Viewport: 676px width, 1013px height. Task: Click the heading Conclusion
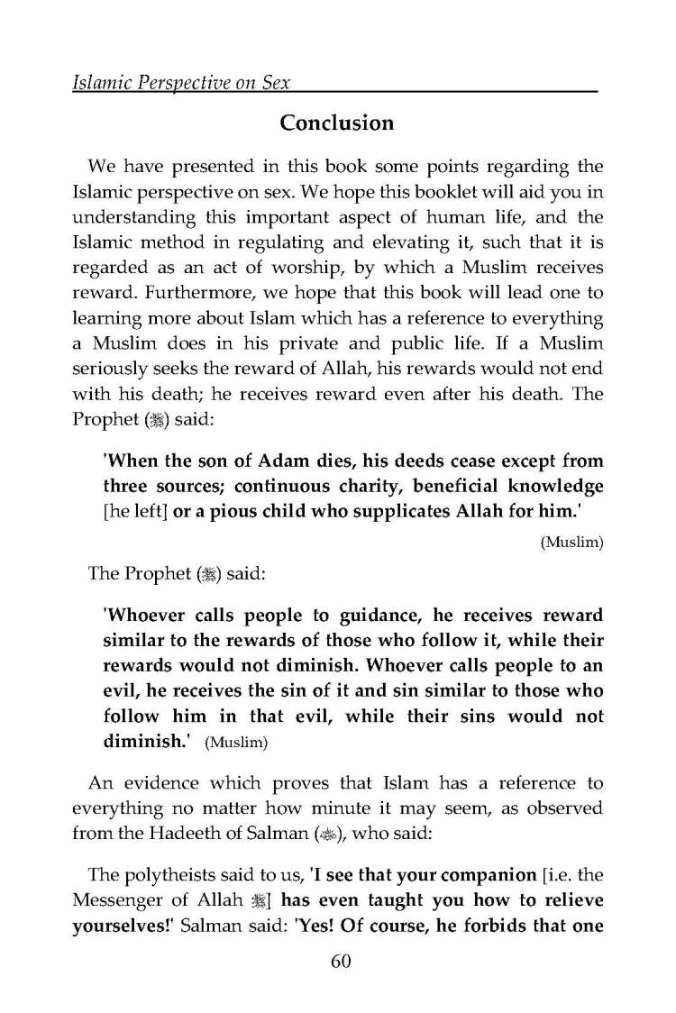click(337, 123)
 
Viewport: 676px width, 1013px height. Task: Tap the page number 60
click(339, 961)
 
